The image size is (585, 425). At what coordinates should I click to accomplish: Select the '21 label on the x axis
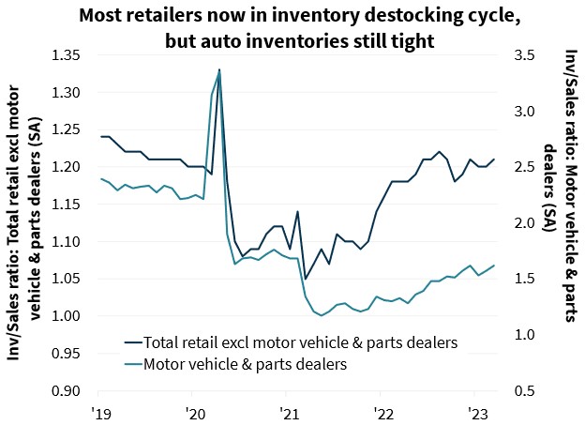point(288,411)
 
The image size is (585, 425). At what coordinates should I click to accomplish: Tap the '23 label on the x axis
point(474,411)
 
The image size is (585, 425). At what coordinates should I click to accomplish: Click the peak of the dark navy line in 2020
point(219,69)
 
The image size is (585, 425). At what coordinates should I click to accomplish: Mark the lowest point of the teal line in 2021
point(321,316)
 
